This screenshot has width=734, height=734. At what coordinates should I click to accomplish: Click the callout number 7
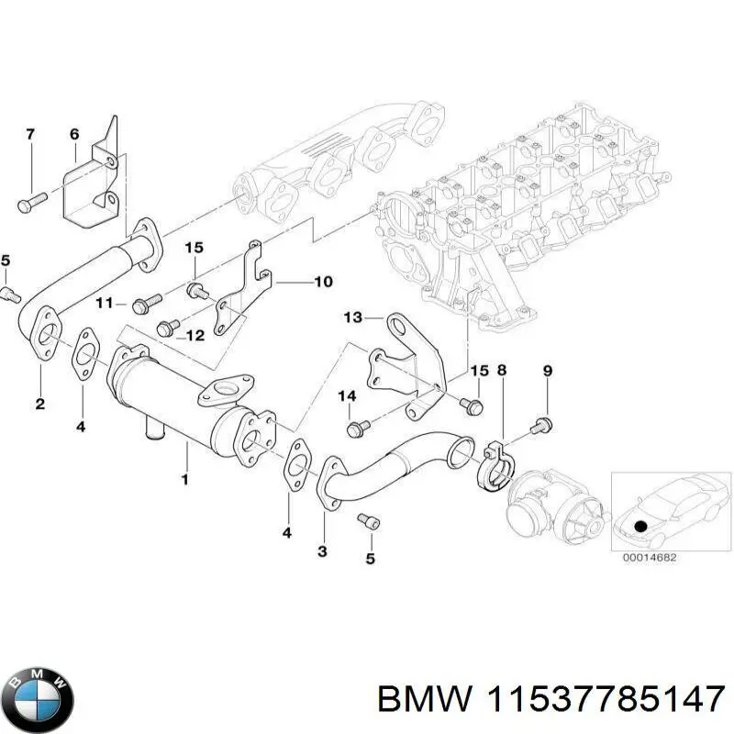pyautogui.click(x=29, y=135)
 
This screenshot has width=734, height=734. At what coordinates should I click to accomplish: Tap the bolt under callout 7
pyautogui.click(x=31, y=200)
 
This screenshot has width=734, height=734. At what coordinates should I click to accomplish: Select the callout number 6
pyautogui.click(x=74, y=135)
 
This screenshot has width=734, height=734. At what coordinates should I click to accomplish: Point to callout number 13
pyautogui.click(x=352, y=317)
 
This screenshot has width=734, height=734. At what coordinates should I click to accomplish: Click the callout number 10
pyautogui.click(x=323, y=282)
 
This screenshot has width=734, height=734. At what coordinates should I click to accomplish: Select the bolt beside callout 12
pyautogui.click(x=167, y=326)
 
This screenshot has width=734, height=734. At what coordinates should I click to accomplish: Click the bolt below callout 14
pyautogui.click(x=358, y=427)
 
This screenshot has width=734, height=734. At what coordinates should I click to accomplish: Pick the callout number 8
pyautogui.click(x=502, y=371)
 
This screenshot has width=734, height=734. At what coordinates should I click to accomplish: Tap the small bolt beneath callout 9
pyautogui.click(x=542, y=423)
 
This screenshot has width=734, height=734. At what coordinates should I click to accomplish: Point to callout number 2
pyautogui.click(x=40, y=403)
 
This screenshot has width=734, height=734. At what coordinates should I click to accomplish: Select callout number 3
pyautogui.click(x=322, y=550)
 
